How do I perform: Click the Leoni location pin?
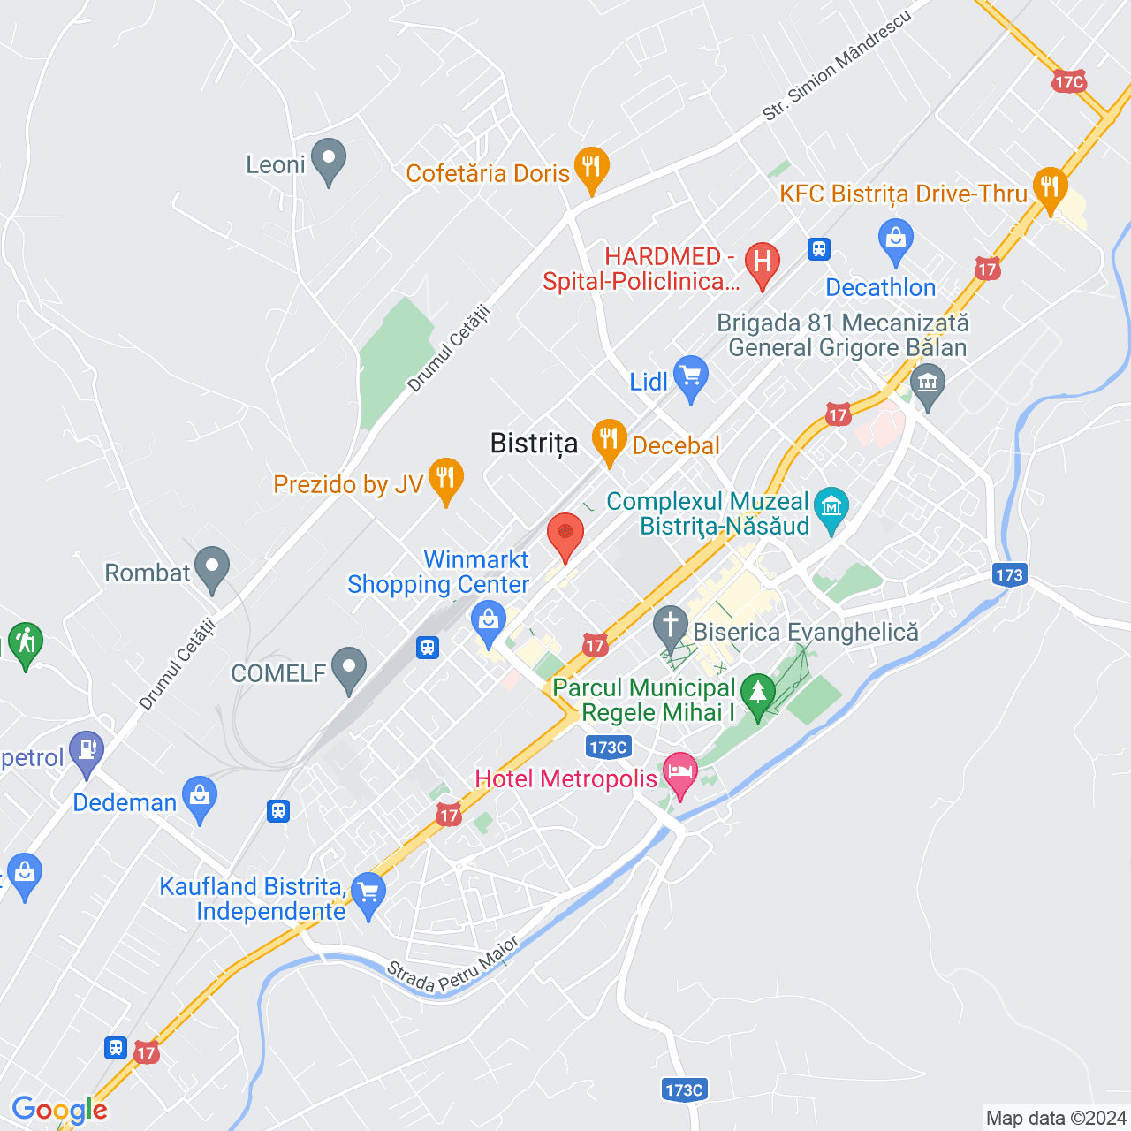coord(329,160)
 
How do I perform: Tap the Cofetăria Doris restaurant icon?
coord(591,167)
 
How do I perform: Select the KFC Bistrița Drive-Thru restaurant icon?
coord(1050,188)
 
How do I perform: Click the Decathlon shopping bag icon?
coord(896,239)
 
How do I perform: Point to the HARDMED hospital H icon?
coord(762,262)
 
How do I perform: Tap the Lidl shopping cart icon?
coord(690,377)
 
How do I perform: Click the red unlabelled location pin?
coord(565,535)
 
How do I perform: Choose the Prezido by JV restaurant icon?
coord(446,478)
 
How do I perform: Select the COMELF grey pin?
coord(349,668)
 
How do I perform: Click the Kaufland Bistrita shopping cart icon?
coord(368,893)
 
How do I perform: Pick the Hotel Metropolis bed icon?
coord(679,773)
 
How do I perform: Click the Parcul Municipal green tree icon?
coord(757,694)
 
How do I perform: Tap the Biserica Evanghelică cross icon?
coord(671,626)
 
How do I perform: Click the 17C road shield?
coord(1069,82)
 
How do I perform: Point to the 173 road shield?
coord(1009,575)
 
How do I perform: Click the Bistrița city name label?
coord(534,444)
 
